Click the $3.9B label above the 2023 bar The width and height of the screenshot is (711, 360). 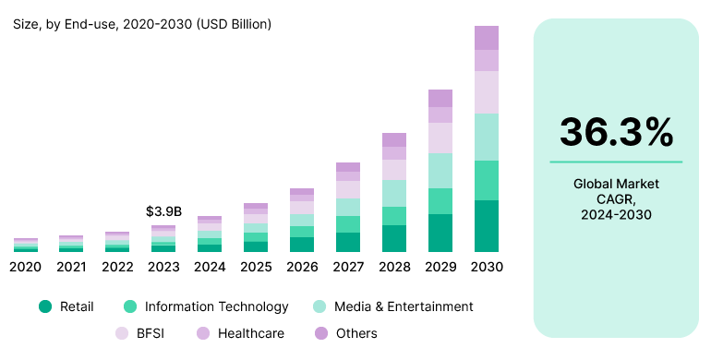coord(163,211)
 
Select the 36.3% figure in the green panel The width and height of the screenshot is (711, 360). coord(616,133)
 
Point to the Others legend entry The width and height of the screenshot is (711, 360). coord(348,333)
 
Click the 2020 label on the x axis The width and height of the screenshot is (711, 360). coord(26,267)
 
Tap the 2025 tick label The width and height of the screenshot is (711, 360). coord(256,267)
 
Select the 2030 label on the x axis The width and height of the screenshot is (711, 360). coord(487,267)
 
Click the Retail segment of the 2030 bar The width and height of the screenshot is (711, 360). coord(487,226)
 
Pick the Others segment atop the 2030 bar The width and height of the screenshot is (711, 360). coord(487,38)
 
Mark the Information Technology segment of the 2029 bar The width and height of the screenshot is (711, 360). coord(440,201)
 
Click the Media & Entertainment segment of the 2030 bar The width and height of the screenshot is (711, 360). coord(487,137)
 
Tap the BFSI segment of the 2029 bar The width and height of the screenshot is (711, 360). coord(440,138)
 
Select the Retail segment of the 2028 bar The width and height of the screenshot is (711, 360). coord(394,238)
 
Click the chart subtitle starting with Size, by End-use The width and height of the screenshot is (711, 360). coord(142,24)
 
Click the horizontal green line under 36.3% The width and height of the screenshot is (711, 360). coord(616,162)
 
